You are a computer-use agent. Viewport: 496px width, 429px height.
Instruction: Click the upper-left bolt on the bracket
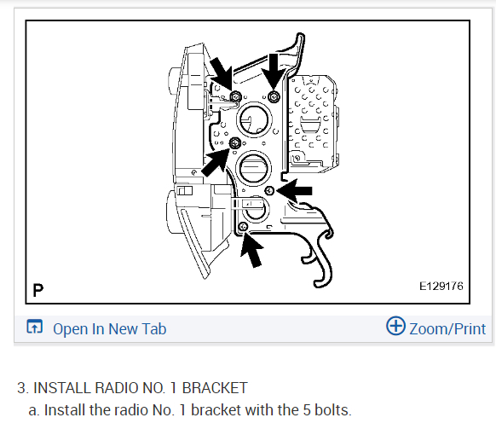point(236,96)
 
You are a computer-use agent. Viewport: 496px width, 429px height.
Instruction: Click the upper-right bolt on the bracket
point(274,96)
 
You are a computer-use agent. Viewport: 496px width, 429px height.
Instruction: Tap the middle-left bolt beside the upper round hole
point(234,143)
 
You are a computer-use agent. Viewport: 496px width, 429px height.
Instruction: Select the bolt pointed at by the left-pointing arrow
point(269,190)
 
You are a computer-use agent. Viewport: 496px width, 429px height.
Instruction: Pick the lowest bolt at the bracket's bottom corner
point(243,226)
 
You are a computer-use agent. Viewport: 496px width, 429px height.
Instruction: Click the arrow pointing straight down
point(274,71)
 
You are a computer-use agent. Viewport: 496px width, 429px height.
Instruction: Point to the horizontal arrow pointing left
point(294,190)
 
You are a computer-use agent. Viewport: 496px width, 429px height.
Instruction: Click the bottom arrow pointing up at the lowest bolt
point(252,249)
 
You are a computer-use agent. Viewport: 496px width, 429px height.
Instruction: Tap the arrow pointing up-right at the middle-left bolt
point(216,162)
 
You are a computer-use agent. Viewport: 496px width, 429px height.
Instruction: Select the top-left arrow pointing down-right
point(222,73)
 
